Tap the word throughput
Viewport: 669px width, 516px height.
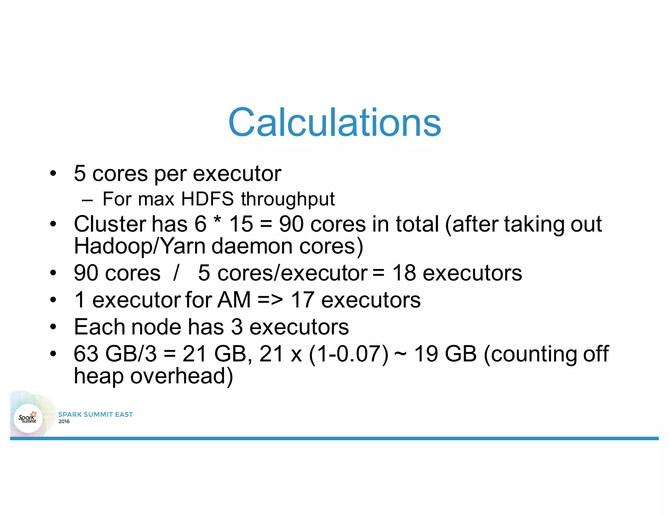tap(288, 199)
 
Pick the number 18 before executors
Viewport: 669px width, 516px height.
tap(404, 273)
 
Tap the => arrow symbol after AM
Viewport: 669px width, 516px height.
tap(270, 300)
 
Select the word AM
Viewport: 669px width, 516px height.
tap(234, 300)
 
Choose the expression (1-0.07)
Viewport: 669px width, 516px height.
tap(349, 354)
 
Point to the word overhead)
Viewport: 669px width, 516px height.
tap(182, 376)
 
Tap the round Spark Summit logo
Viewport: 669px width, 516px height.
tap(28, 418)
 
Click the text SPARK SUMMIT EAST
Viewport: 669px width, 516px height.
tap(95, 414)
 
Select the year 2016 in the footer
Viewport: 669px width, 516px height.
tap(64, 421)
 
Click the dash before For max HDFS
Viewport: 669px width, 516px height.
tap(87, 200)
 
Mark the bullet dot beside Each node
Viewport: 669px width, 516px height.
tap(53, 327)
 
